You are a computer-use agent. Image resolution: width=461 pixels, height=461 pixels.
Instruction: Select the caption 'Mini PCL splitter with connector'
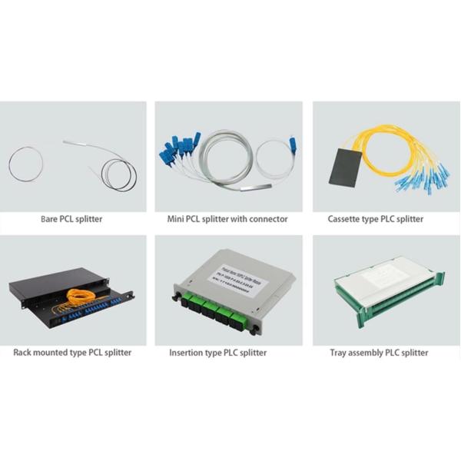click(x=227, y=219)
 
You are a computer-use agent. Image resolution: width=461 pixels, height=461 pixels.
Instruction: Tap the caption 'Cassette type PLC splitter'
click(x=376, y=219)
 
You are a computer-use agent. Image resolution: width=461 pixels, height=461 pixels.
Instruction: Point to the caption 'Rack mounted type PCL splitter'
click(x=72, y=353)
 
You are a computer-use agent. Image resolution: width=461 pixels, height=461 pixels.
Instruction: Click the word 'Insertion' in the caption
click(x=187, y=353)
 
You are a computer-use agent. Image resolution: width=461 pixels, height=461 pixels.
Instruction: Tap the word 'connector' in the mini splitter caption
click(x=268, y=219)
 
